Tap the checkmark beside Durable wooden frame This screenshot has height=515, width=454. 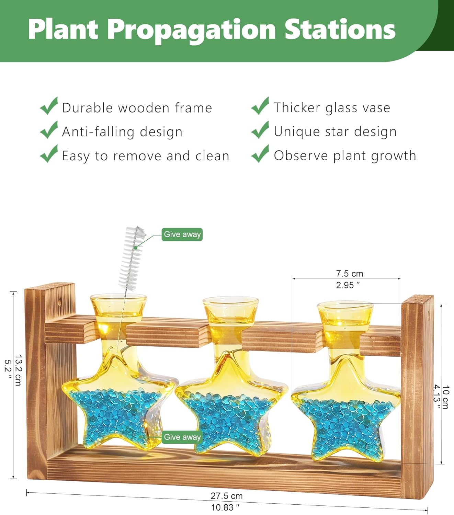click(49, 106)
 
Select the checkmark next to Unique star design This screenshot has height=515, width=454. click(260, 130)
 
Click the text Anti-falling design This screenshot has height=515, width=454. click(122, 132)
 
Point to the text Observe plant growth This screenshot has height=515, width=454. click(344, 156)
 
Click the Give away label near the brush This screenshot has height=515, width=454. click(182, 234)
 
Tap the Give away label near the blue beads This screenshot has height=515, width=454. click(182, 437)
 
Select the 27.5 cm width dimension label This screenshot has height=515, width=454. click(227, 496)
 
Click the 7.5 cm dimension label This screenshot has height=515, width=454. click(349, 274)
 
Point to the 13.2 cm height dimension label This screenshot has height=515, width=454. click(18, 370)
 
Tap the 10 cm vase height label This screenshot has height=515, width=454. click(445, 397)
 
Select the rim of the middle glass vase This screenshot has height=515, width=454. click(230, 300)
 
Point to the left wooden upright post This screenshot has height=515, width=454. click(36, 378)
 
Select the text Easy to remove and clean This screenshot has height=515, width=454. click(145, 156)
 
